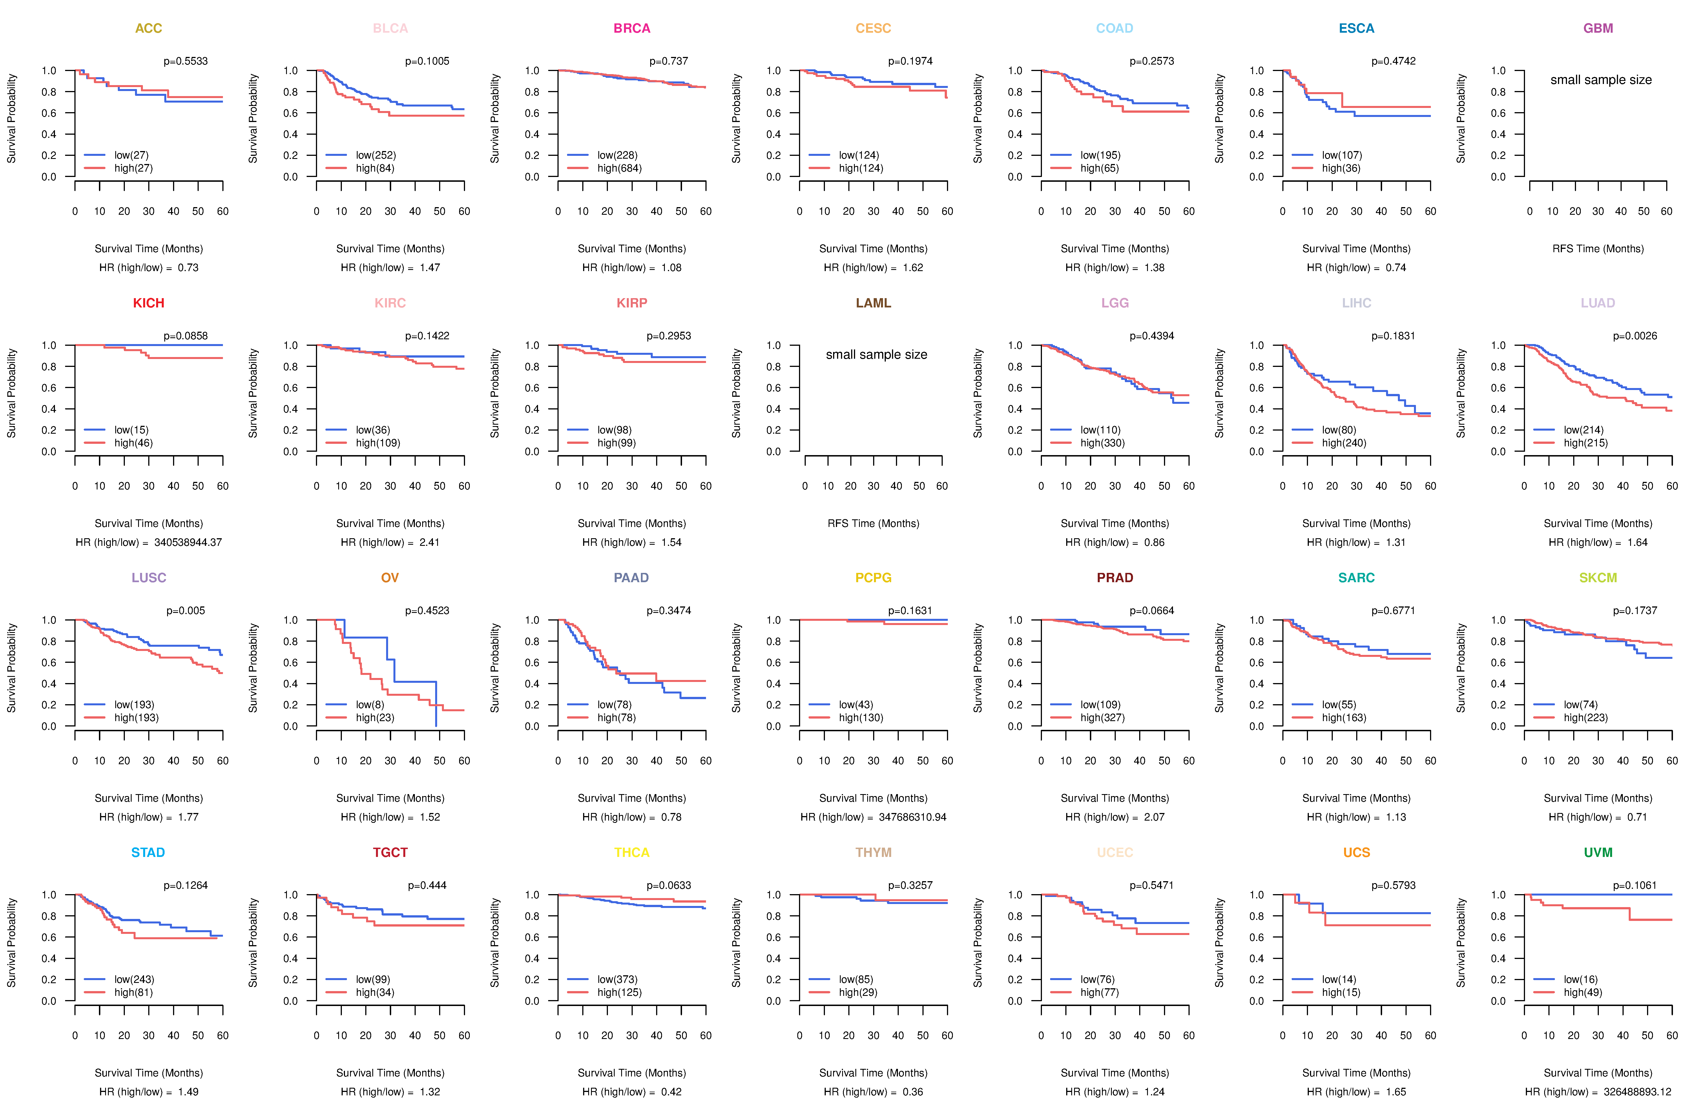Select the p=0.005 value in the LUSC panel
point(185,610)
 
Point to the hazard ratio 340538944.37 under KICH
point(188,542)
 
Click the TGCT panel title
point(390,852)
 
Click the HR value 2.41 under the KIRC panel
point(429,542)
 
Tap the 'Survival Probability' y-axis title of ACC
point(11,119)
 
